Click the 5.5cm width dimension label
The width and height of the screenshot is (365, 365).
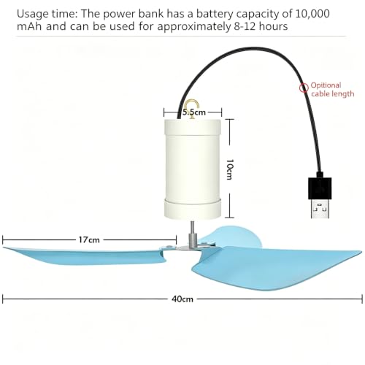click(194, 112)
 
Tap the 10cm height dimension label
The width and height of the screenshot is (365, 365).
click(230, 169)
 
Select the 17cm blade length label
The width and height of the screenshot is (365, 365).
click(89, 240)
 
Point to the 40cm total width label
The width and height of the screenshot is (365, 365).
click(182, 299)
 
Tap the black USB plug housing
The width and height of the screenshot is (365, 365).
click(320, 188)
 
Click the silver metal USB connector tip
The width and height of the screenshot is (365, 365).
click(320, 209)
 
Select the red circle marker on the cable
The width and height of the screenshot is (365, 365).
click(304, 88)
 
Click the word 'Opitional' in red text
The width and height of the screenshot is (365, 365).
click(326, 85)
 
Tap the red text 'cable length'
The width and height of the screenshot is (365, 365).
click(333, 93)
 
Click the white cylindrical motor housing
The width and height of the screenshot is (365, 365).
click(193, 169)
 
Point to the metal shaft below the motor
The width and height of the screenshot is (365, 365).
click(192, 234)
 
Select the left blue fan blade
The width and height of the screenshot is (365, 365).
click(84, 256)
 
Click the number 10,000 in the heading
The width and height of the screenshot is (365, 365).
click(312, 14)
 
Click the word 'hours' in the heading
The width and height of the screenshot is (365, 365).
click(273, 26)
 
